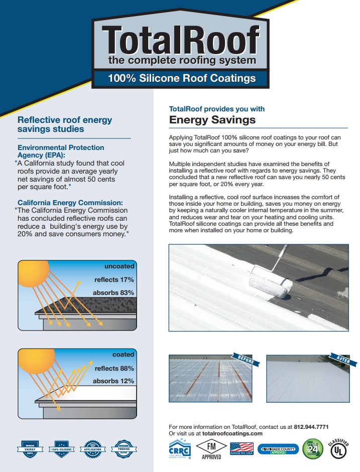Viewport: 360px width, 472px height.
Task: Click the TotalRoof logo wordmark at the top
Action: pos(181,41)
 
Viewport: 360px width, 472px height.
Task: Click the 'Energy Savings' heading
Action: pos(212,120)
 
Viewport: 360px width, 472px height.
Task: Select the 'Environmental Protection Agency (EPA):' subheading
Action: pos(61,151)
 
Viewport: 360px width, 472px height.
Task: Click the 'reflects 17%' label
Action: pos(114,279)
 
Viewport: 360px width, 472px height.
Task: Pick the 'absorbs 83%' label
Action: pos(113,292)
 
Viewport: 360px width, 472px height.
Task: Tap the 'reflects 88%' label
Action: pos(114,368)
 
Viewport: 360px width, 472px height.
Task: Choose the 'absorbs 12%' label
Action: pos(113,381)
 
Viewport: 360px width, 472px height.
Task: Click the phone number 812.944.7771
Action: pos(311,427)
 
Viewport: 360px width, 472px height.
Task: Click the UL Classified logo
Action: pos(337,449)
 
